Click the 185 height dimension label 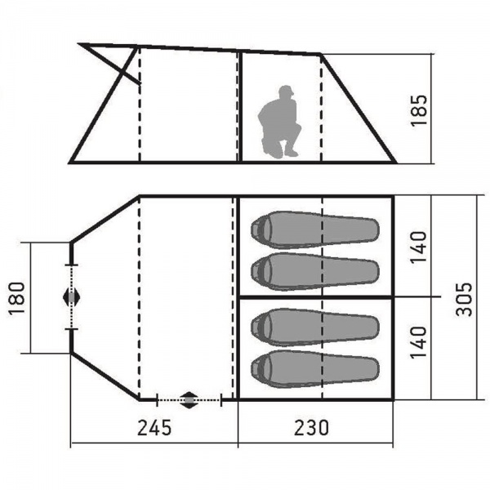419,110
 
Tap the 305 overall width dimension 464,300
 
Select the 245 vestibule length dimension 154,427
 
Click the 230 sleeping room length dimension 312,427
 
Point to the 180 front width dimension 16,298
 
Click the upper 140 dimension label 418,247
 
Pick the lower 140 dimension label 418,342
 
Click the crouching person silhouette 279,122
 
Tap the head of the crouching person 286,91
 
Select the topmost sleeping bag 315,230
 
